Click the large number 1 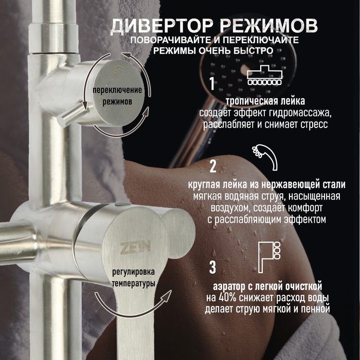coord(211,82)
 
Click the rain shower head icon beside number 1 coord(265,76)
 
